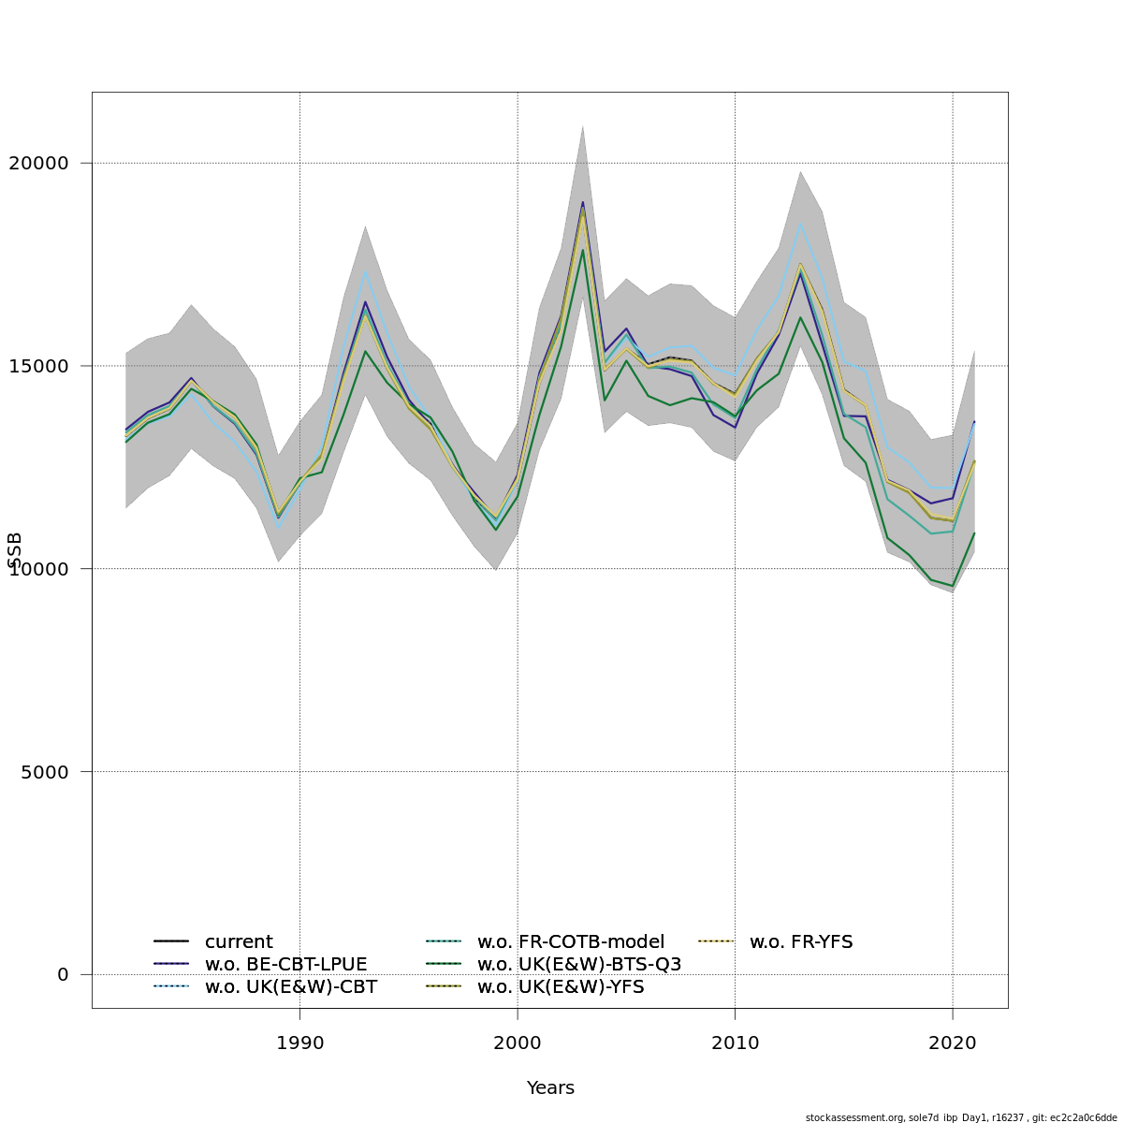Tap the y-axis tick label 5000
[x=43, y=772]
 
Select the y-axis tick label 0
[x=63, y=974]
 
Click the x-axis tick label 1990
[x=299, y=1043]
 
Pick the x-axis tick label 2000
[x=518, y=1043]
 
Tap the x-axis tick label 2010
[x=735, y=1043]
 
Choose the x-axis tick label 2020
[x=953, y=1043]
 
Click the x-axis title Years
[x=550, y=1087]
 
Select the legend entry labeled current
[x=239, y=942]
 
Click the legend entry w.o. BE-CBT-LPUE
[x=285, y=965]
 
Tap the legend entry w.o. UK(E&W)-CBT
[x=290, y=987]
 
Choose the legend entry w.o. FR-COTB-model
[x=570, y=942]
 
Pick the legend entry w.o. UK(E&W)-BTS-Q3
[x=578, y=965]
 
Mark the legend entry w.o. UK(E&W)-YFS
[x=560, y=987]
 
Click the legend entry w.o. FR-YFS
[x=800, y=942]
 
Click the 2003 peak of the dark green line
[x=582, y=250]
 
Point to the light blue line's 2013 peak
[x=800, y=224]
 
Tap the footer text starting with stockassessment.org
[x=961, y=1117]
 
